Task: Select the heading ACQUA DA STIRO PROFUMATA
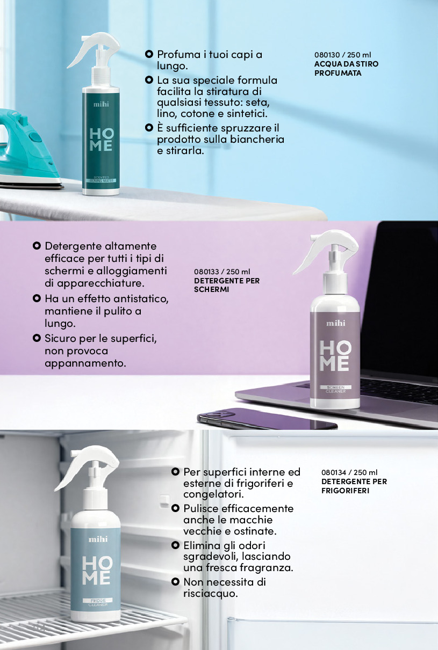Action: [346, 69]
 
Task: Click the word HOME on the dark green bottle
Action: [101, 140]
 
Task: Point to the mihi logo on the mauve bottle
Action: [335, 323]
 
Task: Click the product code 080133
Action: [206, 272]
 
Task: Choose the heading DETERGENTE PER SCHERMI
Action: [227, 285]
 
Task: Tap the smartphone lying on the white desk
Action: [267, 419]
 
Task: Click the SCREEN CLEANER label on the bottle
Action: [335, 390]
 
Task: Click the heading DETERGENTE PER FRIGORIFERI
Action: [354, 486]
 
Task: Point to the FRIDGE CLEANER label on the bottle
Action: [98, 602]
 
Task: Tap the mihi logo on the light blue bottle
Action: [98, 539]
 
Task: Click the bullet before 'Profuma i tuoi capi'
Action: [149, 54]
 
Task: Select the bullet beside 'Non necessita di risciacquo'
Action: [175, 582]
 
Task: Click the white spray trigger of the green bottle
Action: [94, 48]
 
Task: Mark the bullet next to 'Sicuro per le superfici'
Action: [37, 338]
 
